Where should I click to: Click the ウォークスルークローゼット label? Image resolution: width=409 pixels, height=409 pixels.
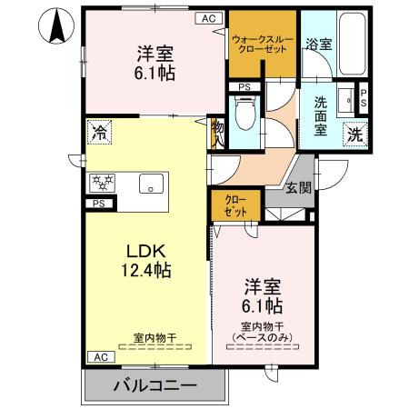click(263, 44)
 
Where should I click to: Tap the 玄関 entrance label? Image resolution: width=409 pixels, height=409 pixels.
click(298, 189)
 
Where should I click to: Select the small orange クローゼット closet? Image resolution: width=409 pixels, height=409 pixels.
click(227, 204)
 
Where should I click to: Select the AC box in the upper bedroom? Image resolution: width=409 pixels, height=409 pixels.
click(207, 17)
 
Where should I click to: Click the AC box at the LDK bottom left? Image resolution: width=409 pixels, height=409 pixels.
click(99, 357)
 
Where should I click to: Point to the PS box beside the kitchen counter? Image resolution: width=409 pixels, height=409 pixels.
click(97, 204)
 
